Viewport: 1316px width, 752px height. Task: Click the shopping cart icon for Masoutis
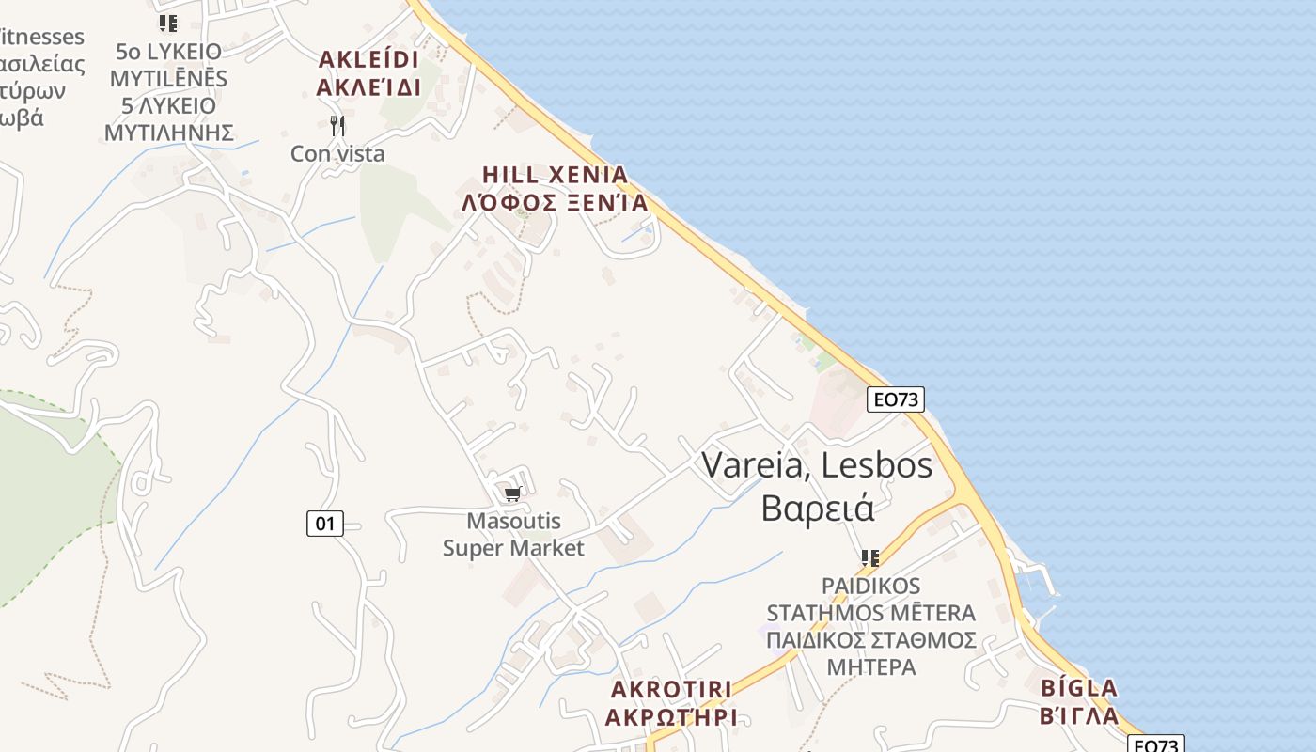512,494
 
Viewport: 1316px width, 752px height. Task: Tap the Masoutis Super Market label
513,535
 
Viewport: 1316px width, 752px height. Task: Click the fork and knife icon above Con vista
337,126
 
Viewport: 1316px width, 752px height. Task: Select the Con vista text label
337,153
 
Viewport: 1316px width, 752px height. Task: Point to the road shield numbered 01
324,524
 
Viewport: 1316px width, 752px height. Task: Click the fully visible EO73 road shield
895,399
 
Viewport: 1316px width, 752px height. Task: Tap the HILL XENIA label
555,175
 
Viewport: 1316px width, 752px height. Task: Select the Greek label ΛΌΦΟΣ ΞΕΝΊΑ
555,203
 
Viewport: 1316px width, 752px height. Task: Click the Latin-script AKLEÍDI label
368,60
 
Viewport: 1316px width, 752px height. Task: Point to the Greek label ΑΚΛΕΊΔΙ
368,88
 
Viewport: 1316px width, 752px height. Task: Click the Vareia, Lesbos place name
817,464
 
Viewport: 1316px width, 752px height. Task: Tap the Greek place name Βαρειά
817,508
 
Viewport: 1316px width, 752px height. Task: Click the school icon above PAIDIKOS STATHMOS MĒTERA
870,558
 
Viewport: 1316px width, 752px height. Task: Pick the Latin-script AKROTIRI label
671,689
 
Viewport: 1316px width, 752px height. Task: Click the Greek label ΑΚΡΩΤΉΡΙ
671,717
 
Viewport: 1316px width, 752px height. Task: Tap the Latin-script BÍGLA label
1079,688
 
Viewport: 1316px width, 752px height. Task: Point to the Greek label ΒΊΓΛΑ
1079,716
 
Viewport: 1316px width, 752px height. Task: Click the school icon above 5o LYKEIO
167,23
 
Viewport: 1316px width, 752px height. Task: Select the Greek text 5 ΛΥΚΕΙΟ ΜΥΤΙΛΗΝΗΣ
168,118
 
